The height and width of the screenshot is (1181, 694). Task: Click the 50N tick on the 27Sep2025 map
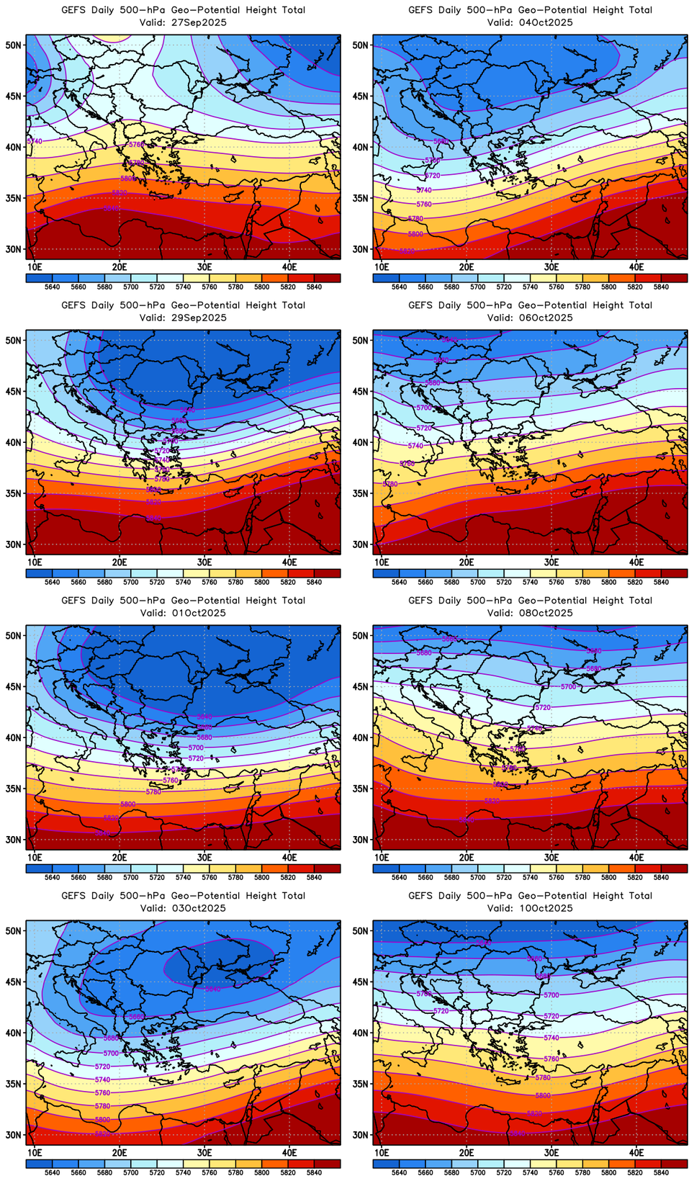15,45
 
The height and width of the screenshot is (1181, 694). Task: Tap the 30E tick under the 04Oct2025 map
551,266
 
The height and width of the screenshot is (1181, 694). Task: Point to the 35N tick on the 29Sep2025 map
15,493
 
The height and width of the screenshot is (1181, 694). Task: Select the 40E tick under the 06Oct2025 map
636,562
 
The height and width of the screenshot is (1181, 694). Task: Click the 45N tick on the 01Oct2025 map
15,686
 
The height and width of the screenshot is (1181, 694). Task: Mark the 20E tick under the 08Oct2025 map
467,857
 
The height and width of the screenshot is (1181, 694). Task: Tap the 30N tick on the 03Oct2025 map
15,1135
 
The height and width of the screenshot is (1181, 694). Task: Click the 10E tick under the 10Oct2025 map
382,1152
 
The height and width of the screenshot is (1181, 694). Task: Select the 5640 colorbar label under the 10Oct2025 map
399,1172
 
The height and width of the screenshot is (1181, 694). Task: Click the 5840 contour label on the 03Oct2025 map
213,989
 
